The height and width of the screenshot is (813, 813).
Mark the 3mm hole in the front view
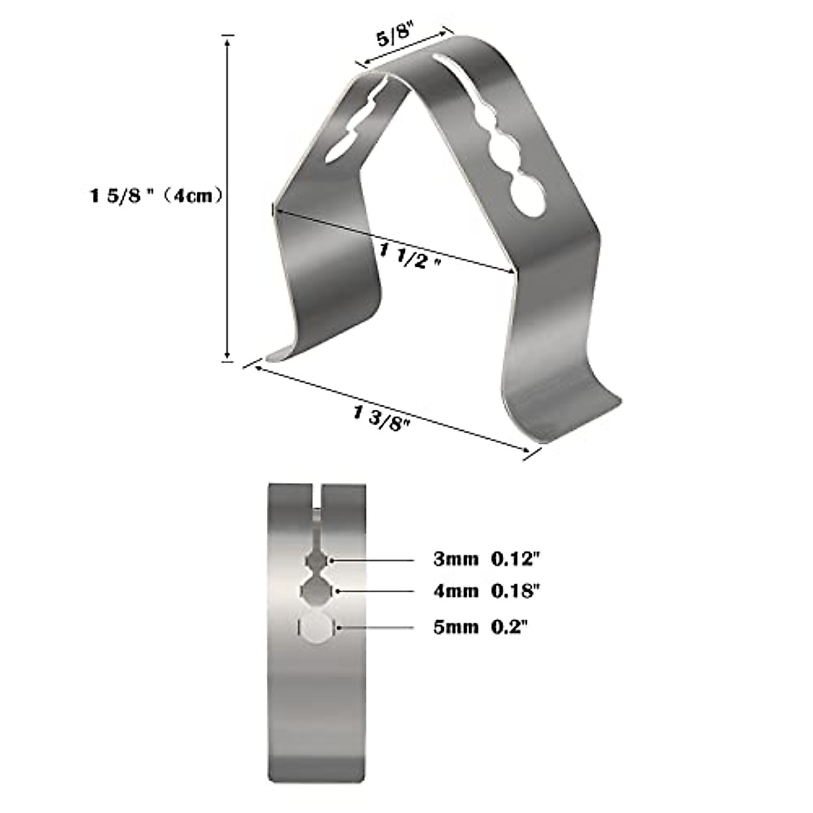[x=316, y=561]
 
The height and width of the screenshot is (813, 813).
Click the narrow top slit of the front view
[x=316, y=501]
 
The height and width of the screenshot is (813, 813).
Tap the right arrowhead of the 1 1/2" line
[x=512, y=273]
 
